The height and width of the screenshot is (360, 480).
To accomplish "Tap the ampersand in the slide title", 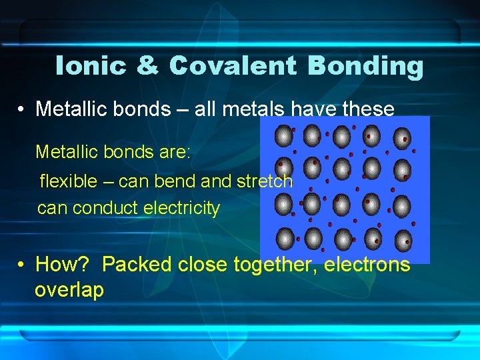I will pos(147,66).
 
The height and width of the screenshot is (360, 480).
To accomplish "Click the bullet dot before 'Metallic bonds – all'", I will pos(22,109).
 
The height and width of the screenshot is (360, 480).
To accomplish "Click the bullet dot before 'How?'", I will pos(22,265).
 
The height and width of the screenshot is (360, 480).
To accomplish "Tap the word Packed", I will pos(137,265).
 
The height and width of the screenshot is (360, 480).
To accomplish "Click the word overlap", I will pos(69,290).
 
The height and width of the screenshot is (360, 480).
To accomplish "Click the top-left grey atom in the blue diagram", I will pos(284,136).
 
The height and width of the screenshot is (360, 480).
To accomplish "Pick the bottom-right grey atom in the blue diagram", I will pos(402,238).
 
